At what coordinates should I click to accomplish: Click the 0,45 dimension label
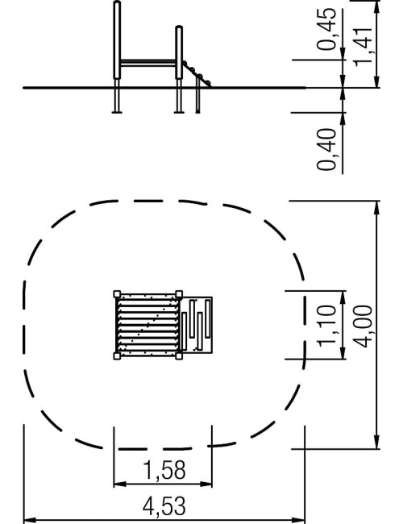coord(326,29)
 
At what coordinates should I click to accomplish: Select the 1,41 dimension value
coord(363,47)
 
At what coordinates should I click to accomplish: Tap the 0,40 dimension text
coord(326,149)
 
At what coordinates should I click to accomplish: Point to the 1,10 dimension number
coord(326,325)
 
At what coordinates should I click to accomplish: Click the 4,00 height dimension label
coord(363,326)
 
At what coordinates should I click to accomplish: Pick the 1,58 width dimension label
coord(164,470)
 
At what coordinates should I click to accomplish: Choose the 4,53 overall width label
coord(164,506)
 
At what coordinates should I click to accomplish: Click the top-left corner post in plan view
coord(117,294)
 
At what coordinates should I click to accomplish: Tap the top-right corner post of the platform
coord(179,294)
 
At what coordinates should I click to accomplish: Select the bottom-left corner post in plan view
coord(117,356)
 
